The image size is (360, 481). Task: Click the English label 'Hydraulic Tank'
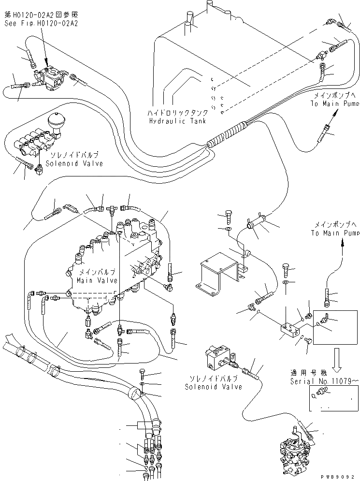(177, 121)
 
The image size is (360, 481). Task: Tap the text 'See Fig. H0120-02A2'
(42, 23)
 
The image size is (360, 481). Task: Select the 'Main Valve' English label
(97, 280)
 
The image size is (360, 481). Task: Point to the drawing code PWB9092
(339, 477)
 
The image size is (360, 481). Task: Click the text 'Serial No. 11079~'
(324, 381)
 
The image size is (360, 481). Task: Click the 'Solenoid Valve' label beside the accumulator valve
(74, 163)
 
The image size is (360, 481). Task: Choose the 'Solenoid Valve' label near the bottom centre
(214, 387)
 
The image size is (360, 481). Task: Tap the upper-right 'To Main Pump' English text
(334, 103)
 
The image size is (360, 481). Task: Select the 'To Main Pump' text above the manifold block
(334, 233)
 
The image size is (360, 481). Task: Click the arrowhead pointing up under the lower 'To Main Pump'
(343, 243)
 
